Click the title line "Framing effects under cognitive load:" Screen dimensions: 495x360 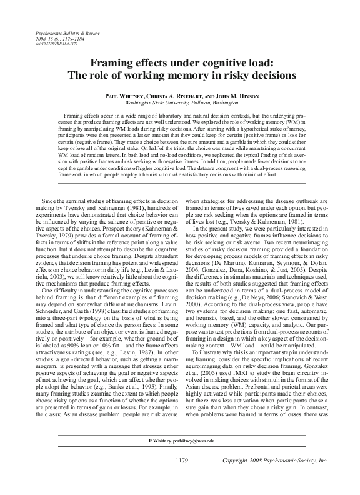pyautogui.click(x=180, y=62)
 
